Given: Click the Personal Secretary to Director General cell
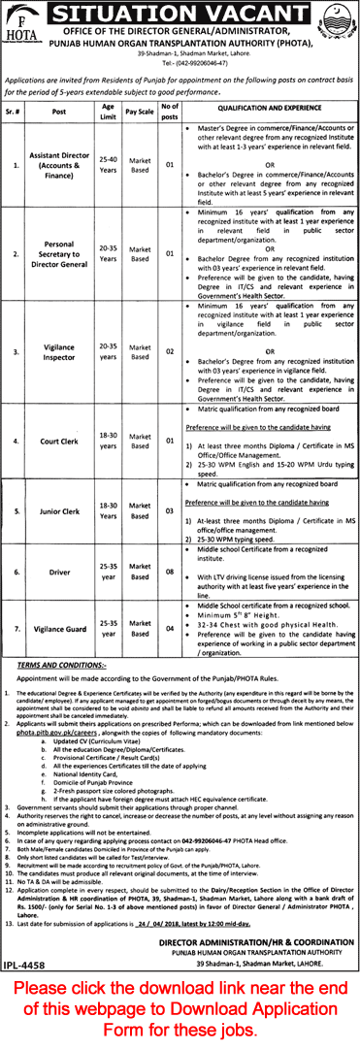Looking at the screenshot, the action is point(64,253).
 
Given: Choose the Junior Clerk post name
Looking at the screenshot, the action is point(64,509).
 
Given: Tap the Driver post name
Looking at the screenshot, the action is point(64,573).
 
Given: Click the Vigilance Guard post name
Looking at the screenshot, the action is point(64,629).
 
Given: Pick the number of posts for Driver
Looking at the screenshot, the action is point(169,573).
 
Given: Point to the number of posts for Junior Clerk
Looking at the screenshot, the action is point(169,509).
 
